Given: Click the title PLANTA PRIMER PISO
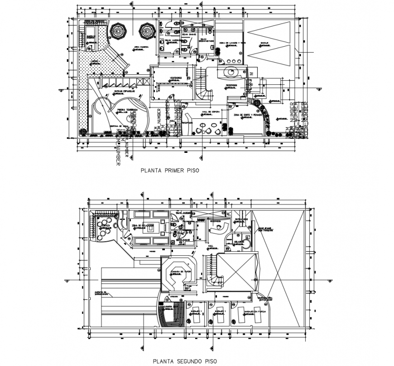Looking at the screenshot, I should pyautogui.click(x=170, y=171).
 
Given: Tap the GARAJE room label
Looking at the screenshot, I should pyautogui.click(x=264, y=43).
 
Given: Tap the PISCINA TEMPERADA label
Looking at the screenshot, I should pyautogui.click(x=127, y=109).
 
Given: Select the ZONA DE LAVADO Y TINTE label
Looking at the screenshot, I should pyautogui.click(x=232, y=43).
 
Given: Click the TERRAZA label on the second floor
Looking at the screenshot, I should pyautogui.click(x=106, y=225).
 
